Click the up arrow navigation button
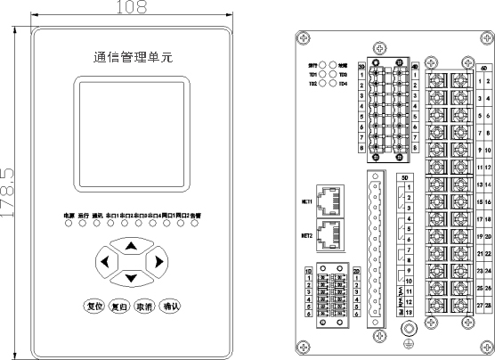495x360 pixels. click(131, 246)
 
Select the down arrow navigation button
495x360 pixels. click(131, 278)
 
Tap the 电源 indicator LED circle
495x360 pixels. click(68, 223)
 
